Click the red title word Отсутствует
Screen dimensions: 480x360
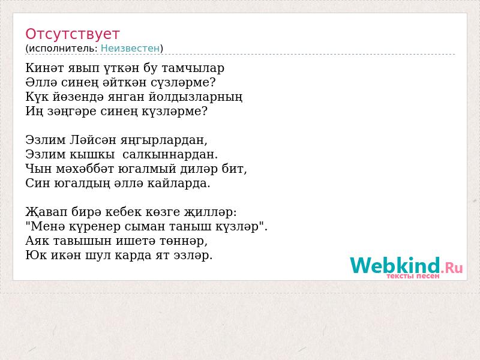pyautogui.click(x=72, y=34)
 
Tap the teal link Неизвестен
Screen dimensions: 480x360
pyautogui.click(x=130, y=49)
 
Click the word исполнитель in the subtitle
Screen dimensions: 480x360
pyautogui.click(x=64, y=49)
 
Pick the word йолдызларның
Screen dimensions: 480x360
pyautogui.click(x=196, y=97)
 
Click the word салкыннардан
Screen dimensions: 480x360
pyautogui.click(x=170, y=155)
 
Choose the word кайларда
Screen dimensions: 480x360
pyautogui.click(x=179, y=184)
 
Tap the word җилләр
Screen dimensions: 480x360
pyautogui.click(x=210, y=212)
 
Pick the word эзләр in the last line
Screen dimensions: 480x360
pyautogui.click(x=193, y=256)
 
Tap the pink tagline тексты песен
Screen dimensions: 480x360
pyautogui.click(x=413, y=276)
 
